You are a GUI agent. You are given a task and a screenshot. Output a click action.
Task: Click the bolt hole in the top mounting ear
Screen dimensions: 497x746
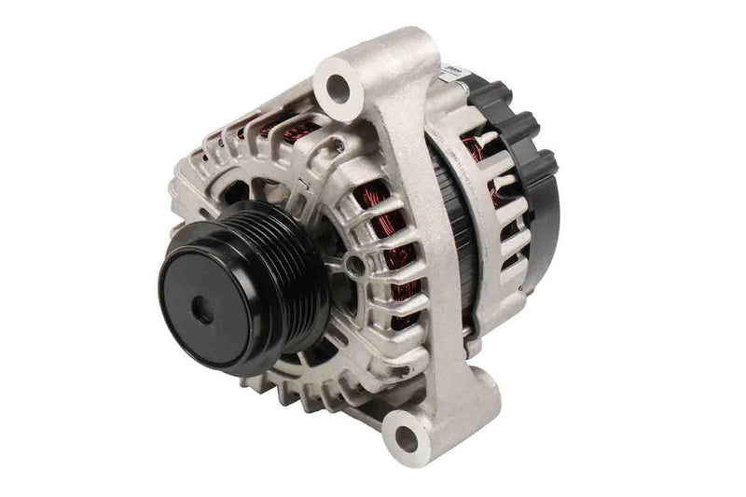pos(338,86)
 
